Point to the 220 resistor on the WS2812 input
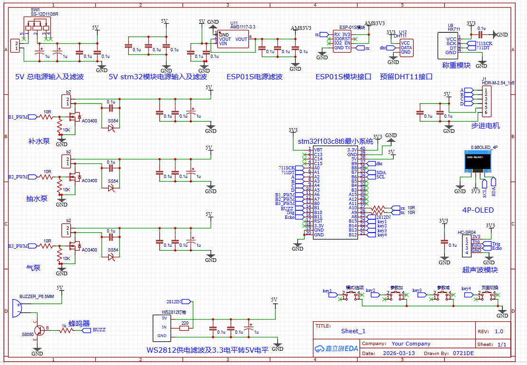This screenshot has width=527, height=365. [185, 328]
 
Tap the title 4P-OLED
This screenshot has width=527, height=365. [478, 210]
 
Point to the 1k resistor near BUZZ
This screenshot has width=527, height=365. [64, 330]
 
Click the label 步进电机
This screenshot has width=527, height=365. [485, 126]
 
